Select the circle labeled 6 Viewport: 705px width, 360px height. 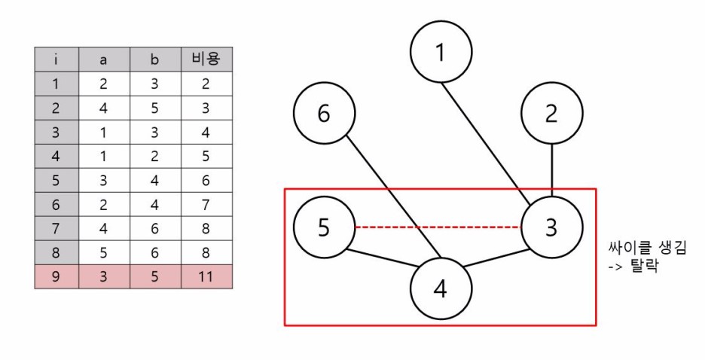tap(324, 114)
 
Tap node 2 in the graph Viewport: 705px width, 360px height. tap(552, 114)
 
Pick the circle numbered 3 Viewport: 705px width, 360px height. tap(552, 227)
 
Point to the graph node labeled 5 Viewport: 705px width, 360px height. tap(324, 227)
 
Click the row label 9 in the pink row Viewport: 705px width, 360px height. tap(56, 276)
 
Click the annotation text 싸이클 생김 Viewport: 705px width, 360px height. tap(647, 248)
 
